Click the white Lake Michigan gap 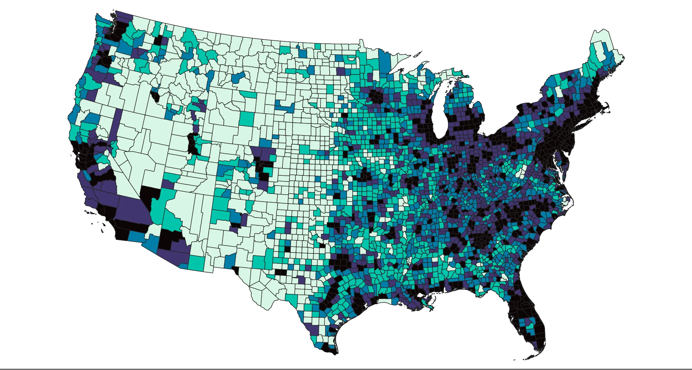coord(440,113)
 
